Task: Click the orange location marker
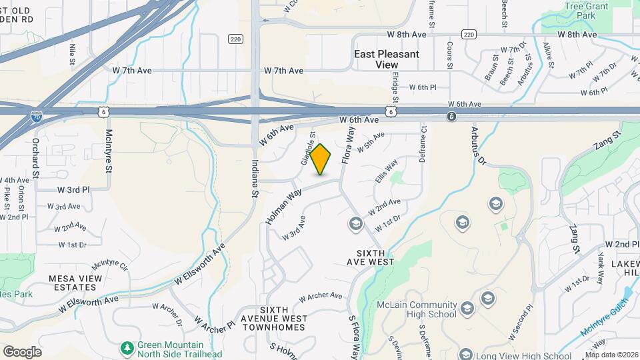click(x=321, y=159)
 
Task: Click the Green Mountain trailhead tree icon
click(x=127, y=348)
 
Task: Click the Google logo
click(x=22, y=352)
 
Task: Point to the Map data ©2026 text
click(x=611, y=355)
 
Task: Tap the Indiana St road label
click(x=255, y=177)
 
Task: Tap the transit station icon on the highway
click(x=452, y=117)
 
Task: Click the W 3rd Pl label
click(x=72, y=189)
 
